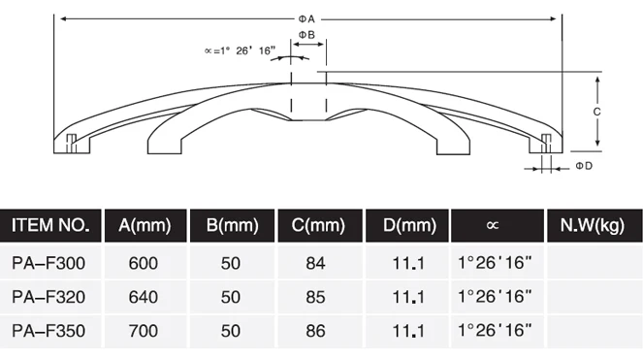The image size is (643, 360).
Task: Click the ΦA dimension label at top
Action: click(309, 17)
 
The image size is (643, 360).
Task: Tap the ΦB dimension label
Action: click(305, 35)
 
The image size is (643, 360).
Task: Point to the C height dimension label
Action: click(597, 112)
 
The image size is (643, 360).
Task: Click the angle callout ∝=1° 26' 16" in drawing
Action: click(233, 49)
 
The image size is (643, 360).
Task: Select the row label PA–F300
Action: click(49, 263)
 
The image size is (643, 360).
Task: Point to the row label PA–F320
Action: click(49, 296)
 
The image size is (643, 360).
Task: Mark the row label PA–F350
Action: click(49, 331)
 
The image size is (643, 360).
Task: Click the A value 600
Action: click(144, 263)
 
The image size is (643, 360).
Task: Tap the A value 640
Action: click(144, 296)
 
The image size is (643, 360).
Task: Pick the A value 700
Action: click(144, 331)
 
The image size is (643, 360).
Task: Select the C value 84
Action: click(316, 263)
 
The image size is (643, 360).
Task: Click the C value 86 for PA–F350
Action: click(316, 331)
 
